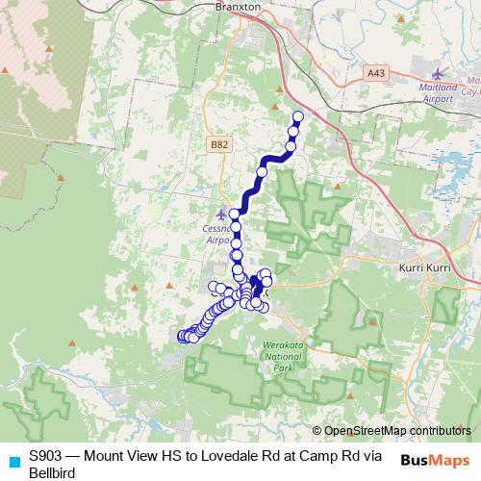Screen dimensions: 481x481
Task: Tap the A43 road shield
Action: coord(376,71)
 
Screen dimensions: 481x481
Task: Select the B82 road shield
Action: coord(219,144)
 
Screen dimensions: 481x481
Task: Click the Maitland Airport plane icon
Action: coord(441,73)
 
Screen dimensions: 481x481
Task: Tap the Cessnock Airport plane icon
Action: coord(222,213)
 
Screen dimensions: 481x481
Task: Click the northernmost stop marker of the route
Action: coord(297,117)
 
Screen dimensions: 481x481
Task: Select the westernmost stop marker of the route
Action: coord(181,336)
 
